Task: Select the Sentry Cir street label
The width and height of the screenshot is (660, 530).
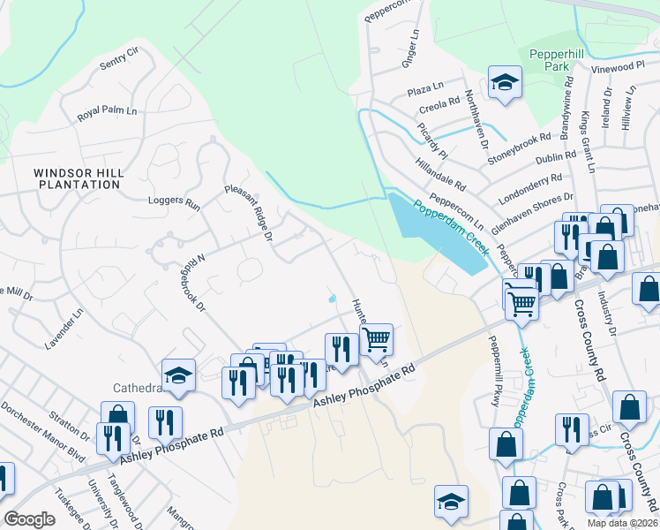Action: click(120, 59)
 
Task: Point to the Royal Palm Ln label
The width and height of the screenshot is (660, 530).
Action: click(108, 113)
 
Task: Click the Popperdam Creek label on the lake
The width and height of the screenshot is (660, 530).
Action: click(450, 225)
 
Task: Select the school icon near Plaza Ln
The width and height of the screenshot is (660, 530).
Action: click(506, 83)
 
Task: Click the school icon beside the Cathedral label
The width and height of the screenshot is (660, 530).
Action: click(178, 375)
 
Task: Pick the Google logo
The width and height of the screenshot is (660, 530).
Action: click(30, 519)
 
